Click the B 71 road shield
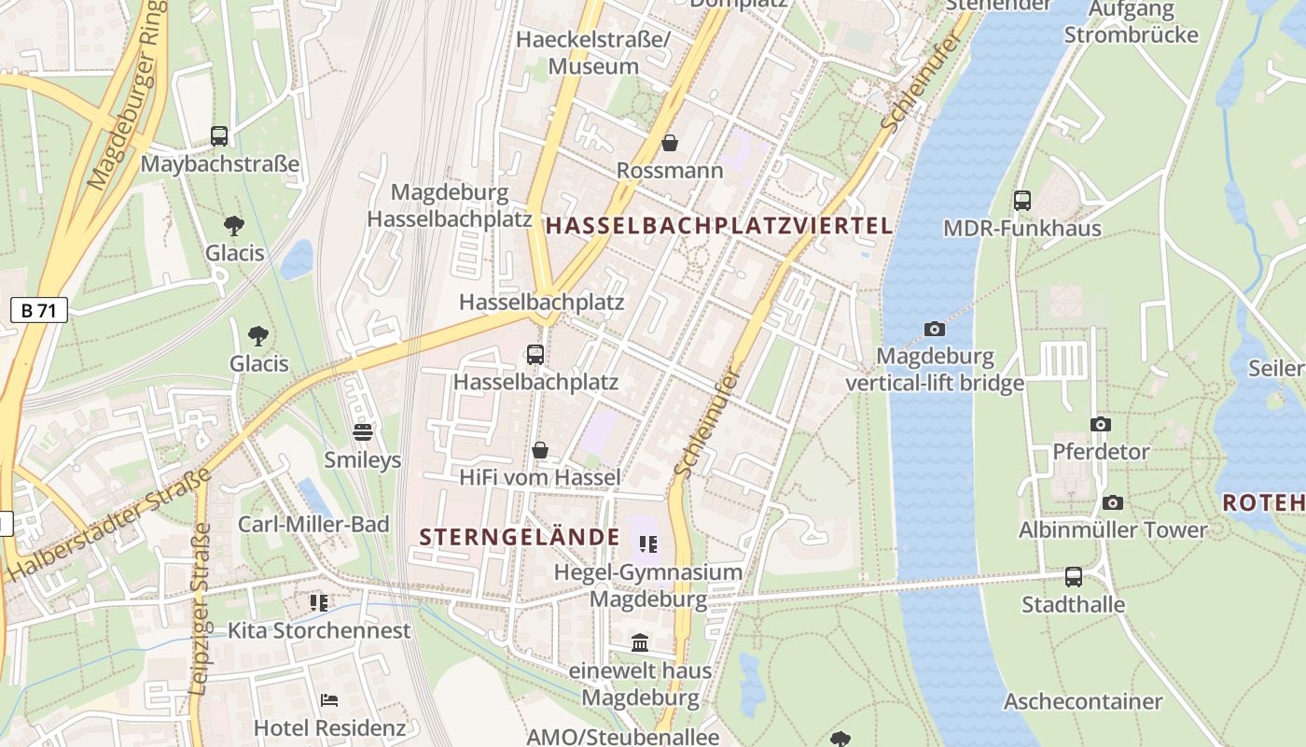click(x=39, y=311)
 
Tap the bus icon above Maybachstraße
click(x=219, y=136)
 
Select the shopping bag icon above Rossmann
click(x=670, y=143)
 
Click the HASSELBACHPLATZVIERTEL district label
click(x=719, y=225)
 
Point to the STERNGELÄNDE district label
click(x=520, y=537)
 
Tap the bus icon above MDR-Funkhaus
click(x=1022, y=200)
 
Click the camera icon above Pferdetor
click(x=1101, y=424)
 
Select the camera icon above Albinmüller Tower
click(x=1112, y=502)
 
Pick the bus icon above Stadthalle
click(x=1074, y=577)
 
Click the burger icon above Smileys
click(x=363, y=431)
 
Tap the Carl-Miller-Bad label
click(x=313, y=524)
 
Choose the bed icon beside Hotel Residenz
click(x=328, y=699)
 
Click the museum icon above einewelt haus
click(x=640, y=642)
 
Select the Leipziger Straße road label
click(x=201, y=609)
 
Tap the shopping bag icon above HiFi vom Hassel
click(x=539, y=450)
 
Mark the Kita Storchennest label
click(x=319, y=630)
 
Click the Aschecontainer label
click(x=1083, y=701)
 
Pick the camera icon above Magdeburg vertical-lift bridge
click(x=934, y=329)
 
